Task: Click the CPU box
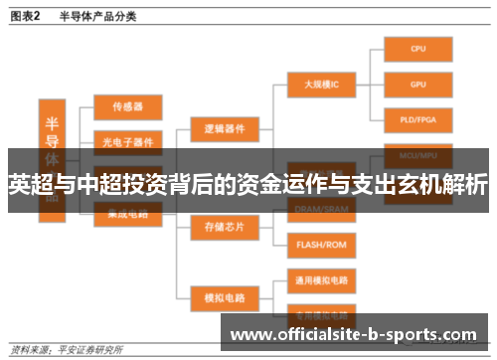pos(418,47)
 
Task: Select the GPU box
pos(418,84)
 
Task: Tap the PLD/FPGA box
pos(418,120)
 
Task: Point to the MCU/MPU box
pos(418,155)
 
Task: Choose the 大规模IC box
pos(322,84)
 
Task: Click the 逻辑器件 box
pos(225,128)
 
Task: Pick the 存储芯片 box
pos(225,227)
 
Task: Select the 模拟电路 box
pos(225,296)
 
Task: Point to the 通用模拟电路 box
pos(322,279)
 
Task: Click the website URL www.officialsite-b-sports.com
pos(353,334)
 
